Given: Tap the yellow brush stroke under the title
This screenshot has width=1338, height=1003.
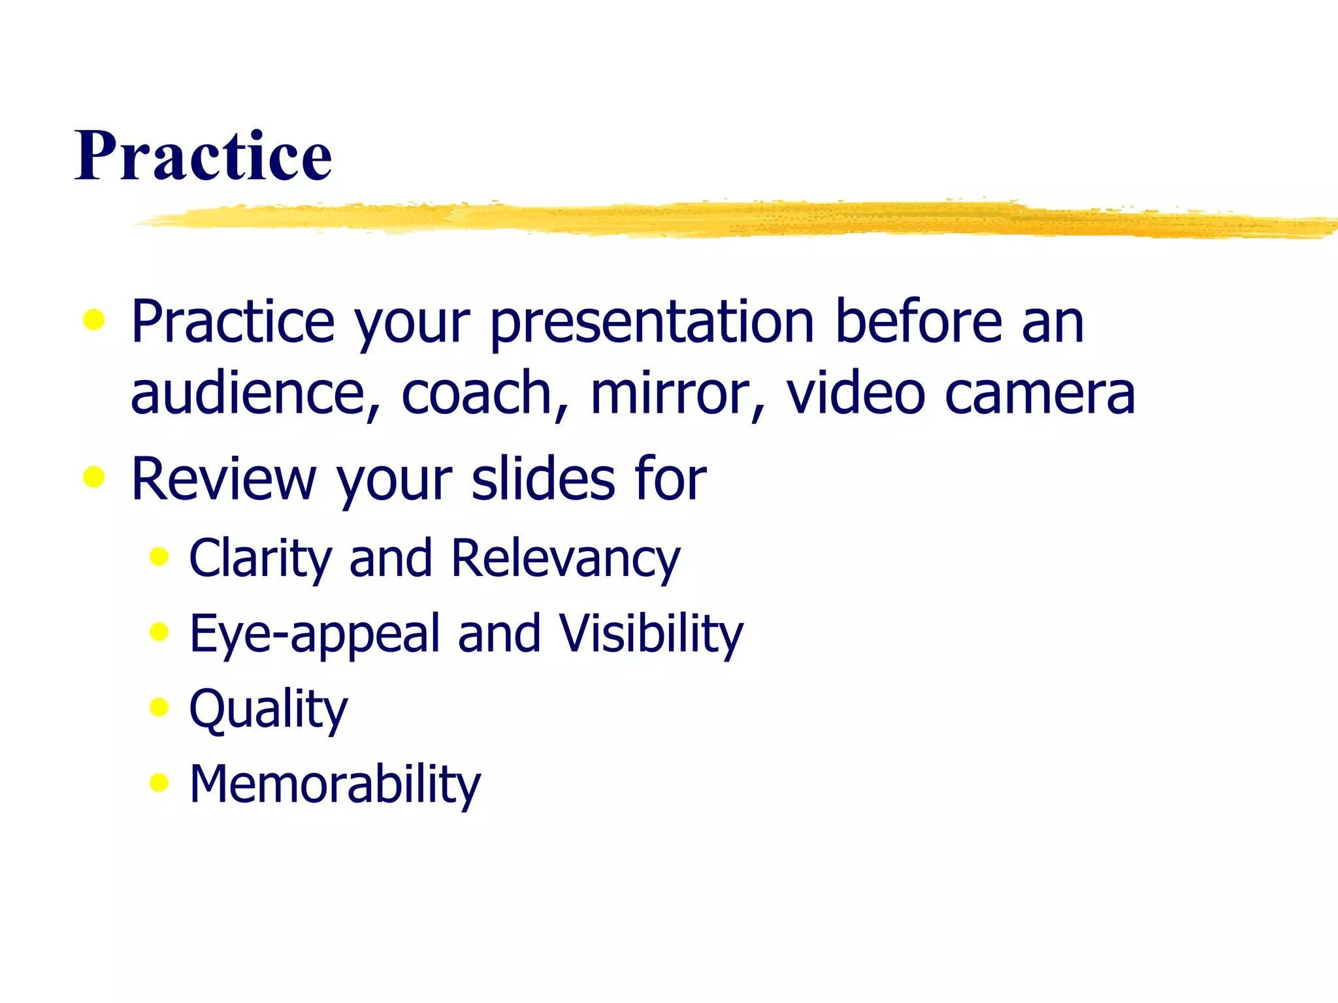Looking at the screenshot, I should point(732,219).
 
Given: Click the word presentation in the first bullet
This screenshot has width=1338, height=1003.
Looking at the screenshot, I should point(652,322).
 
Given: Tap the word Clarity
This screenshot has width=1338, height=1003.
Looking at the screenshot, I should point(261,558).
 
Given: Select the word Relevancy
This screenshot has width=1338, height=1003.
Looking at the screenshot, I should point(565,558).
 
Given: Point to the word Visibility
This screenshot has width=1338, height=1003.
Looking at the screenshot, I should point(651,633).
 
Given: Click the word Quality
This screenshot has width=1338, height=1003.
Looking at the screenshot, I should point(269,709).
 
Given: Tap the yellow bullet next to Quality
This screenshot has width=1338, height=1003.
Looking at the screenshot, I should point(159,707).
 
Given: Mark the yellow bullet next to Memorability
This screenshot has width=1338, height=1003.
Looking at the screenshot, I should point(159,782).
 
